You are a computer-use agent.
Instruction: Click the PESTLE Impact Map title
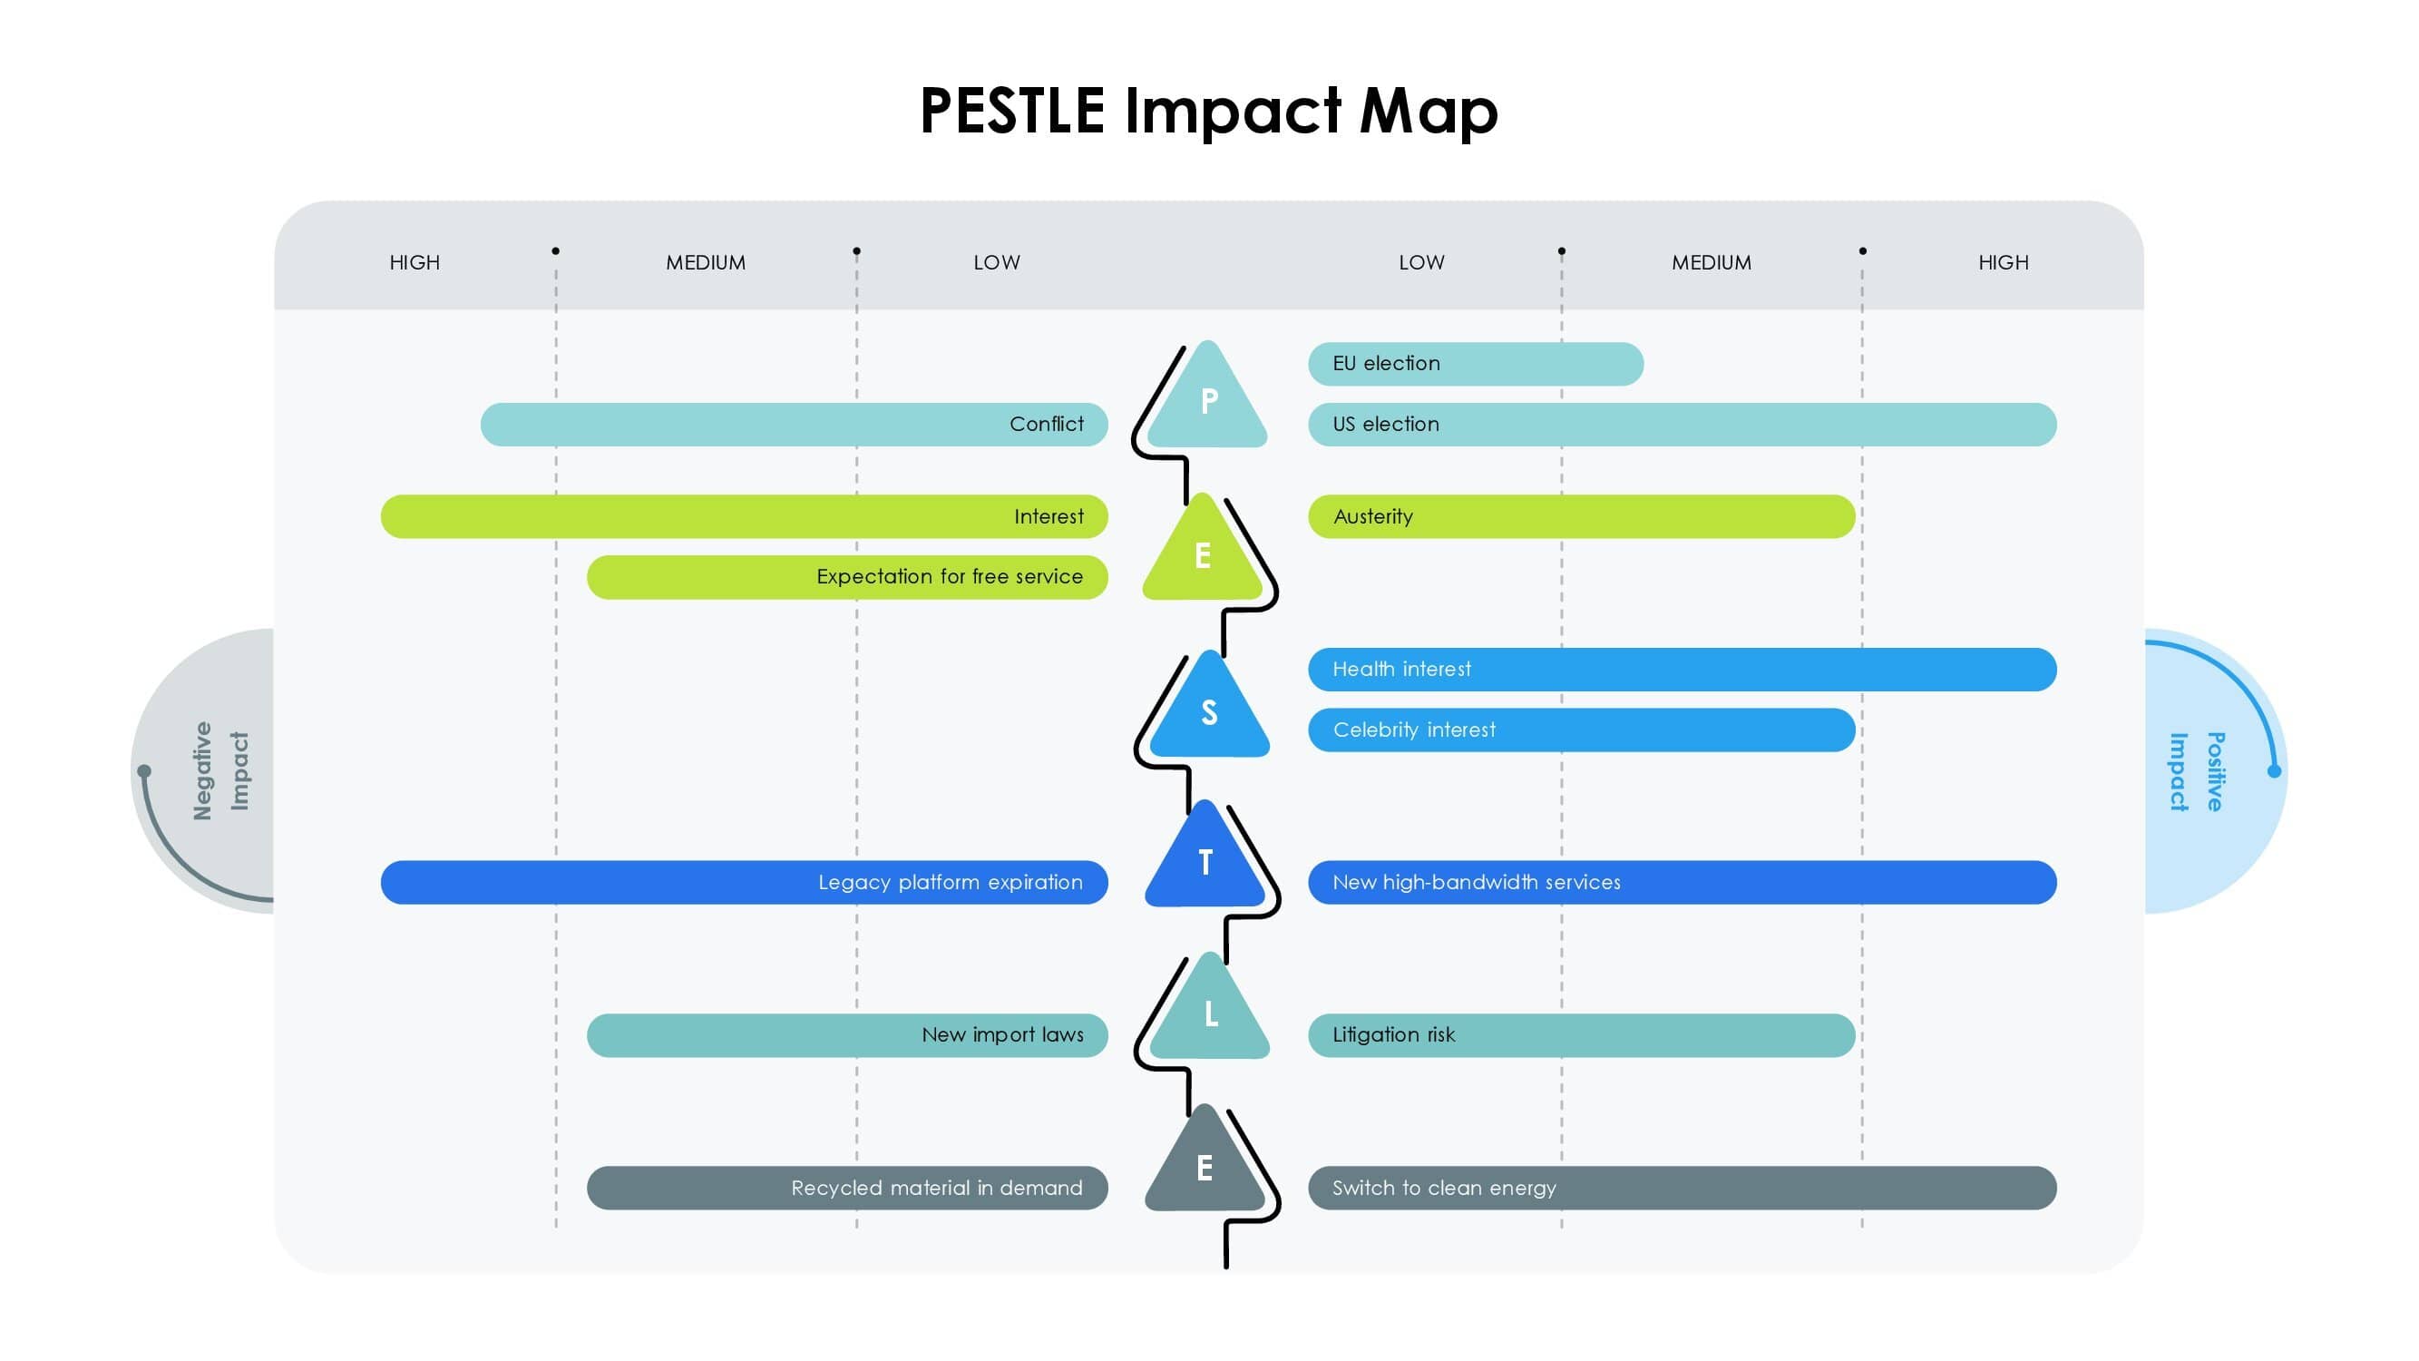pyautogui.click(x=1208, y=112)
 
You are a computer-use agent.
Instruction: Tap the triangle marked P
pyautogui.click(x=1207, y=397)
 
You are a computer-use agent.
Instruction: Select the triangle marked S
pyautogui.click(x=1210, y=708)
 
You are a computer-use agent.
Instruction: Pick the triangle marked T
pyautogui.click(x=1205, y=857)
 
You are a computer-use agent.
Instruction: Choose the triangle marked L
pyautogui.click(x=1211, y=1010)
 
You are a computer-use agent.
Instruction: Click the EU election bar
pyautogui.click(x=1475, y=364)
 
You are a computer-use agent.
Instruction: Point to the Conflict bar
pyautogui.click(x=794, y=425)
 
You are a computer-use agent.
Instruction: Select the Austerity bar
pyautogui.click(x=1581, y=516)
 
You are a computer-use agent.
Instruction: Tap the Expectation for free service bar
pyautogui.click(x=847, y=577)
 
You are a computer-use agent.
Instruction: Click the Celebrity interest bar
pyautogui.click(x=1581, y=729)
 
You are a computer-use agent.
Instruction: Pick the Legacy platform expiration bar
pyautogui.click(x=744, y=883)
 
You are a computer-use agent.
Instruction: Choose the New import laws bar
pyautogui.click(x=847, y=1035)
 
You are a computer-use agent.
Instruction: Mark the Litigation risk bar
pyautogui.click(x=1581, y=1035)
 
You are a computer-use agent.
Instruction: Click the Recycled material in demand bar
pyautogui.click(x=847, y=1189)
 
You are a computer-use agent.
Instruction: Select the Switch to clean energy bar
pyautogui.click(x=1682, y=1189)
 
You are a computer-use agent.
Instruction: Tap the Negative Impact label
pyautogui.click(x=220, y=771)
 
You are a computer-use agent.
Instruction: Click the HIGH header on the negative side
pyautogui.click(x=415, y=263)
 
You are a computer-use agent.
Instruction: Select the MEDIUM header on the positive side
pyautogui.click(x=1711, y=263)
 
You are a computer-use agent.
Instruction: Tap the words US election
pyautogui.click(x=1385, y=425)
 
